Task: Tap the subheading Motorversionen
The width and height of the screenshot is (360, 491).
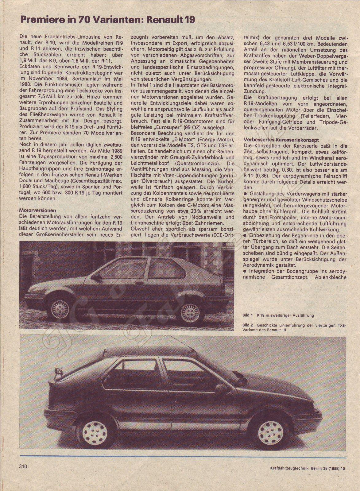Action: pyautogui.click(x=37, y=211)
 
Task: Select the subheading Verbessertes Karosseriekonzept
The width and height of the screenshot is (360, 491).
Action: pyautogui.click(x=281, y=140)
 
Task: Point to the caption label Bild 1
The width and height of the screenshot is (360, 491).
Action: pyautogui.click(x=247, y=315)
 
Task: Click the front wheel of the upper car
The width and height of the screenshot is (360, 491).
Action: pyautogui.click(x=60, y=309)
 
